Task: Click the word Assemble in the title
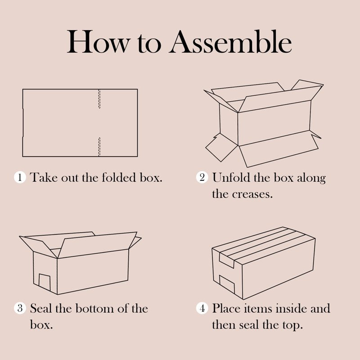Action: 230,42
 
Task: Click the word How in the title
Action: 98,42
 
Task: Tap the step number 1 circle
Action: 20,177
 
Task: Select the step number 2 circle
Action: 202,177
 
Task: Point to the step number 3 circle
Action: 20,308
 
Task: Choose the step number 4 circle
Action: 202,308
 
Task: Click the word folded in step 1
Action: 119,177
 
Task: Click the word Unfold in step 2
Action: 231,177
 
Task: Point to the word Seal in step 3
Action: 40,308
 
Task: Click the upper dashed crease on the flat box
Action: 99,99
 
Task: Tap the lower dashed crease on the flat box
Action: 99,147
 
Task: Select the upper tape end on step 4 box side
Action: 227,260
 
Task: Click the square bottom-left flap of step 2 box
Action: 221,148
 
